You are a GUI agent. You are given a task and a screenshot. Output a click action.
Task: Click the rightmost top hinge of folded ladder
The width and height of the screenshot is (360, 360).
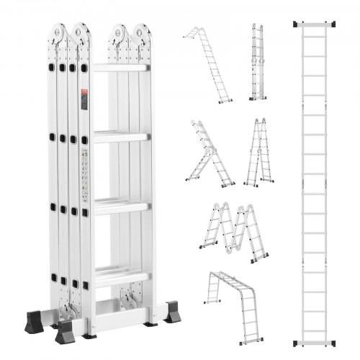click(141, 35)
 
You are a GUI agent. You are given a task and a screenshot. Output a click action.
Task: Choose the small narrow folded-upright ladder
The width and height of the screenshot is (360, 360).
click(257, 63)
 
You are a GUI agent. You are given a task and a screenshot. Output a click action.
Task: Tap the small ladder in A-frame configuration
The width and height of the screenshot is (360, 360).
click(257, 153)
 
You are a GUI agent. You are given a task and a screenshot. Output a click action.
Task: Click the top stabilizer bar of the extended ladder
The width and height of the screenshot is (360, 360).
click(318, 24)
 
